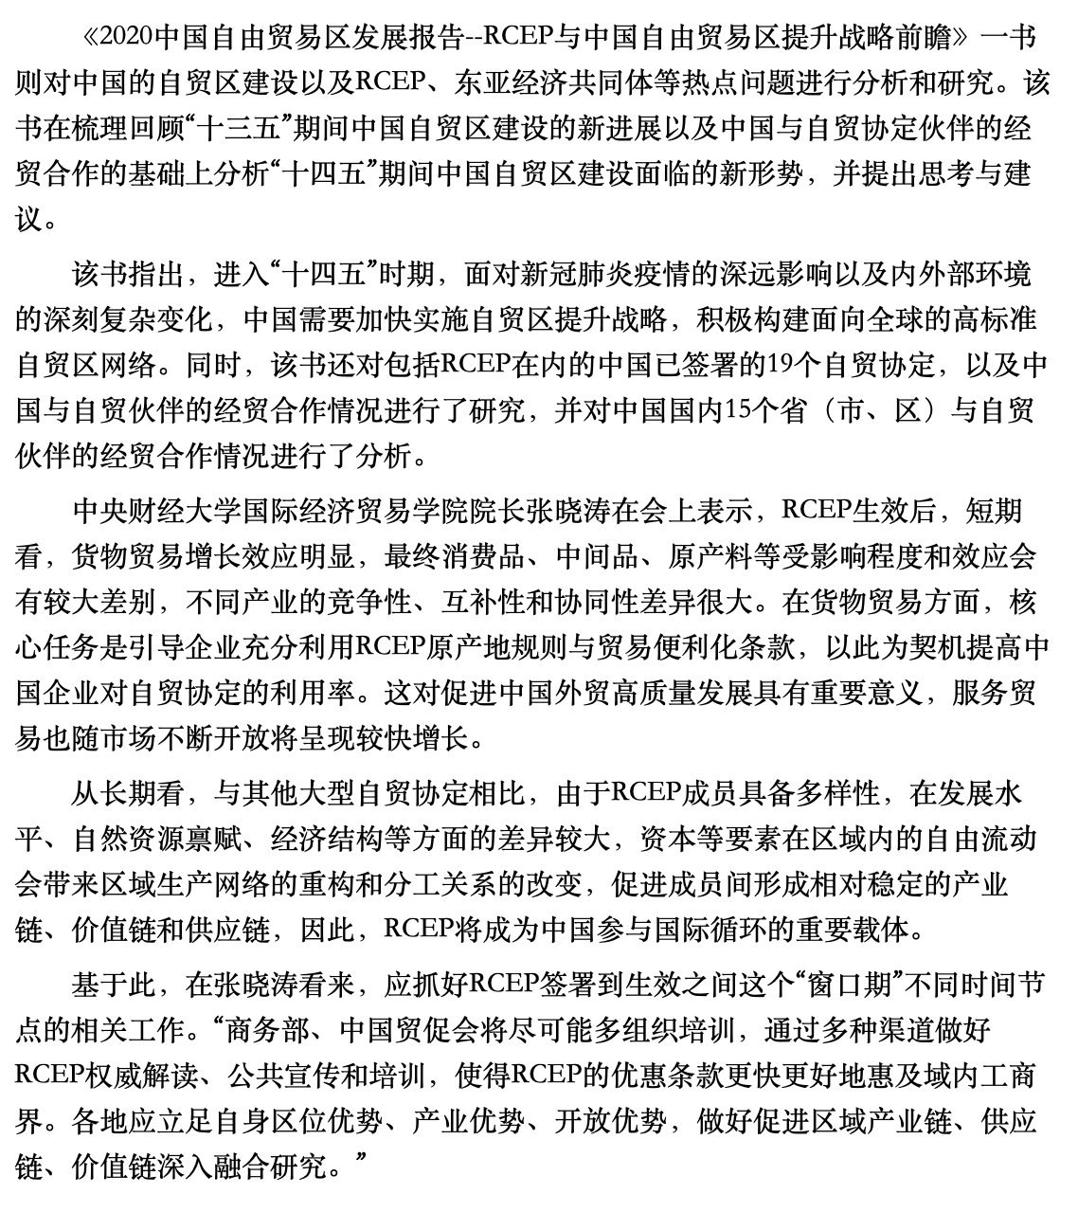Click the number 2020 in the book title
[x=126, y=37]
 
